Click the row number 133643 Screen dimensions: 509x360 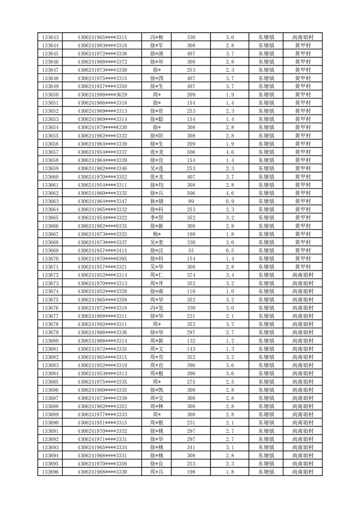(x=50, y=37)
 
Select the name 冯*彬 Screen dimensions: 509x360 (x=156, y=37)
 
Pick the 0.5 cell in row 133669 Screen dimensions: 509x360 (x=229, y=250)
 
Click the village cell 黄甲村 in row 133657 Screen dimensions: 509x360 (x=302, y=152)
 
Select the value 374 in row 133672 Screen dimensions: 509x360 (x=191, y=275)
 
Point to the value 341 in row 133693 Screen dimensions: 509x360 (x=191, y=447)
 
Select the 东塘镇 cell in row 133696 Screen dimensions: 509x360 (x=266, y=472)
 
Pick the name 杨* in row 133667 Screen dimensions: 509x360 (x=156, y=234)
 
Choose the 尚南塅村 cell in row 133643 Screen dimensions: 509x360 (x=302, y=37)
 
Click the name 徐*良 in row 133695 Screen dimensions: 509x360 (x=156, y=464)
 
